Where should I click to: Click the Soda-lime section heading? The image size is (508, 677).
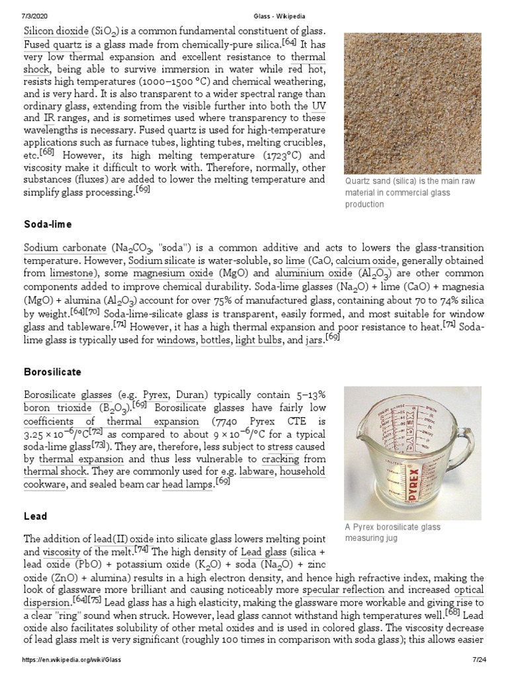coord(48,225)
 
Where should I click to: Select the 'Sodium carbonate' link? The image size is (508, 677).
coord(65,248)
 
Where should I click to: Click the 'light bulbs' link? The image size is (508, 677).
coord(258,340)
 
